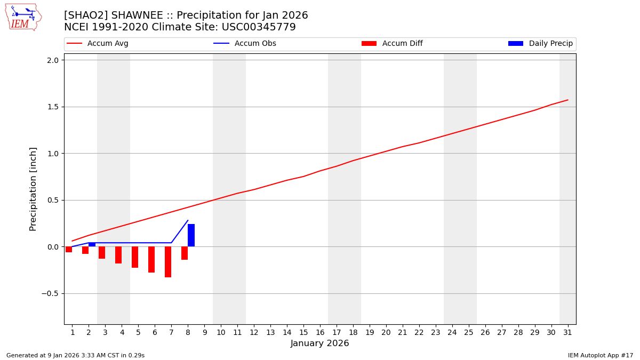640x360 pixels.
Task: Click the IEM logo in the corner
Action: pyautogui.click(x=23, y=17)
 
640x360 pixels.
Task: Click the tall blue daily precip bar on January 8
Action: pyautogui.click(x=191, y=235)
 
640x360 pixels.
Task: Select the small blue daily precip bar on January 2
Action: pyautogui.click(x=92, y=244)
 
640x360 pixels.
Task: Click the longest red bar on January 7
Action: pyautogui.click(x=168, y=262)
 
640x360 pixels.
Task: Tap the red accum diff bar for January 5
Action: pyautogui.click(x=135, y=257)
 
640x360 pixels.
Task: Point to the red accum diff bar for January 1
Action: pyautogui.click(x=69, y=250)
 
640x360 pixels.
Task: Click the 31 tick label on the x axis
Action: pyautogui.click(x=567, y=332)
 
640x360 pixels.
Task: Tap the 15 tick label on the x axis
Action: pyautogui.click(x=303, y=332)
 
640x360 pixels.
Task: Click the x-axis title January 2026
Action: pyautogui.click(x=319, y=343)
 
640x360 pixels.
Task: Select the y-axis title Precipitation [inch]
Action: pyautogui.click(x=33, y=189)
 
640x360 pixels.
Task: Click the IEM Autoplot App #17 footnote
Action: pyautogui.click(x=601, y=355)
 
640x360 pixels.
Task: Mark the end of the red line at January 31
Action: pyautogui.click(x=567, y=100)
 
